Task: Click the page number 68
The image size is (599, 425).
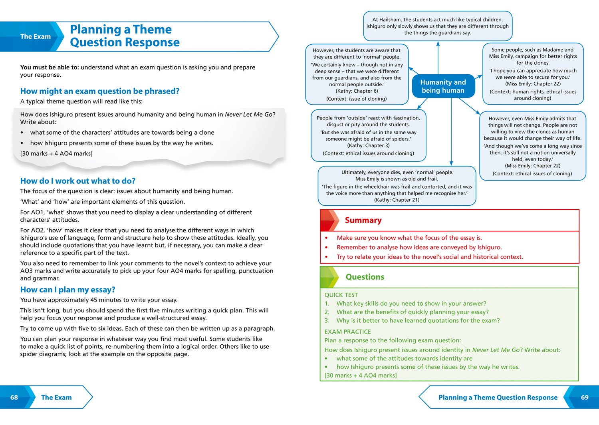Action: (x=14, y=397)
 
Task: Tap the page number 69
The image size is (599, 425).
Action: (x=585, y=397)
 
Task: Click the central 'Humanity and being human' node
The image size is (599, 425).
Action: (x=443, y=86)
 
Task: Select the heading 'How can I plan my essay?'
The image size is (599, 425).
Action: (x=67, y=290)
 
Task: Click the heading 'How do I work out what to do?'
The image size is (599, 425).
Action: (x=78, y=181)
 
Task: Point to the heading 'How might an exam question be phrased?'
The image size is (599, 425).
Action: (x=100, y=91)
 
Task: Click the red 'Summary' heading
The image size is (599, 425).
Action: (x=363, y=220)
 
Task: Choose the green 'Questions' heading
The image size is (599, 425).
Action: (x=365, y=277)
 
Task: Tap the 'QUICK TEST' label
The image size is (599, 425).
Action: (x=341, y=295)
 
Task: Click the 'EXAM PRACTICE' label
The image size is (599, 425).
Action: (x=347, y=332)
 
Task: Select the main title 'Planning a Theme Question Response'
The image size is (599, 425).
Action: (x=124, y=36)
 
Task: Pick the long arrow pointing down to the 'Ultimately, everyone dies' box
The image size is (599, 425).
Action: (x=451, y=132)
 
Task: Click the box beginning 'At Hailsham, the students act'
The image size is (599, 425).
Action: (x=437, y=26)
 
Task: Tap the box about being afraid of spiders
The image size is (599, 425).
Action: (x=368, y=135)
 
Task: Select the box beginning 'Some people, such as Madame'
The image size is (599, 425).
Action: (x=533, y=74)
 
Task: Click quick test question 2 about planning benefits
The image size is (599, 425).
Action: (x=412, y=312)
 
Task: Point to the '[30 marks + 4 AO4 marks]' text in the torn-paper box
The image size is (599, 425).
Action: (x=56, y=153)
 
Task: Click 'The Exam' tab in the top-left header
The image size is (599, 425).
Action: (x=35, y=36)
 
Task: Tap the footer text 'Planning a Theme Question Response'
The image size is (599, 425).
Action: (x=498, y=397)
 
